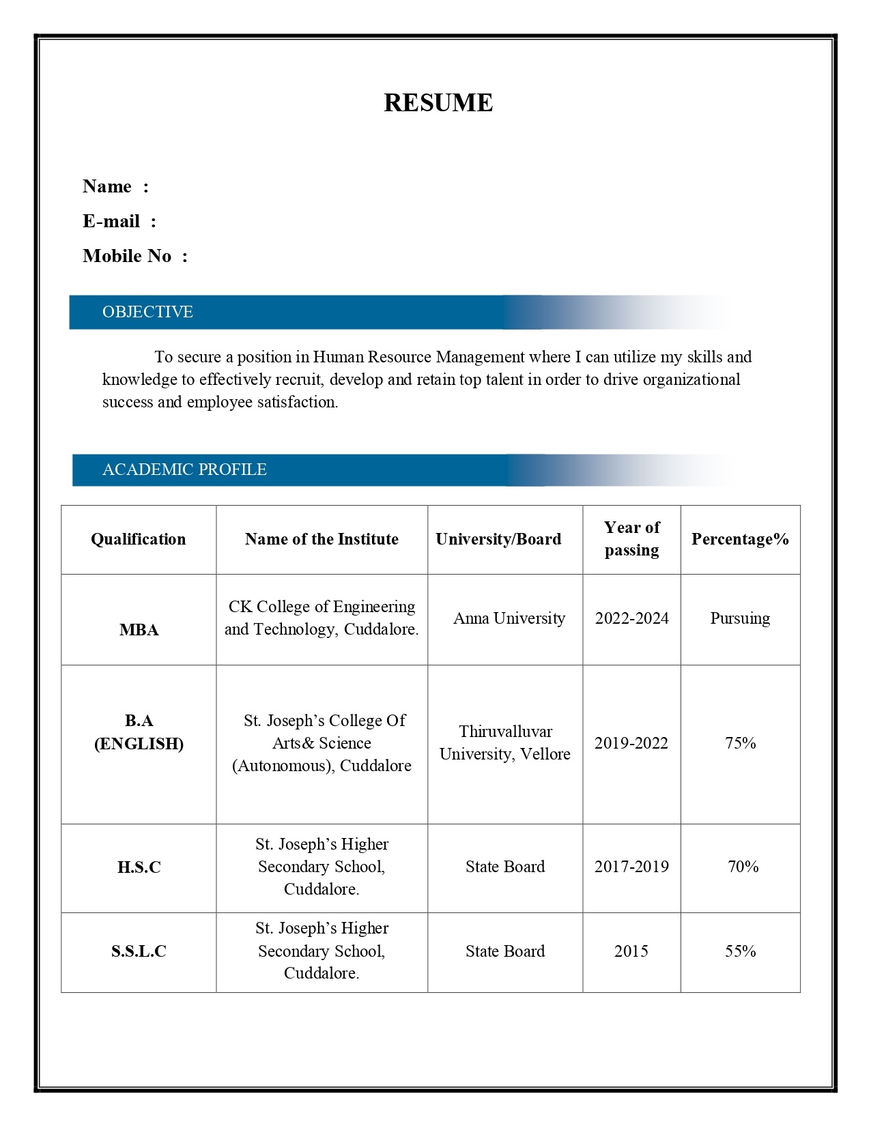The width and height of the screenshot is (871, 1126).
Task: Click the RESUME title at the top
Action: point(438,103)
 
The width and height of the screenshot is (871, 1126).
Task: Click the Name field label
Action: point(107,186)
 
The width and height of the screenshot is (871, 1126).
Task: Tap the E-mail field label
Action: point(111,221)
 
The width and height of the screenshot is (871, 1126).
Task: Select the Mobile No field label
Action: point(127,256)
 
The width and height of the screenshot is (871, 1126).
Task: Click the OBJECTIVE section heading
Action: point(147,312)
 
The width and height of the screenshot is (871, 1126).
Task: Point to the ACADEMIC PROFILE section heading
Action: point(184,470)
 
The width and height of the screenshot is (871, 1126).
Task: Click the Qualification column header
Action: point(139,539)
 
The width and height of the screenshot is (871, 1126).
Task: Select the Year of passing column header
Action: point(631,538)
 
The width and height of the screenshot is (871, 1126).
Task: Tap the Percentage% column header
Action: point(740,539)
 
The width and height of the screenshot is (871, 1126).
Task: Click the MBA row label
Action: point(139,630)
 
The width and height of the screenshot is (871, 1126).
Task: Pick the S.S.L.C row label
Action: point(139,951)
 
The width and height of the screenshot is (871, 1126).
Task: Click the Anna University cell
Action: point(509,618)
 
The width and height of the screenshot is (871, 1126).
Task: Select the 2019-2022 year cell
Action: point(631,743)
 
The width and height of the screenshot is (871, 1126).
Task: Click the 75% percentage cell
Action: point(741,743)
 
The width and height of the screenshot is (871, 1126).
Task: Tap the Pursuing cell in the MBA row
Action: point(740,618)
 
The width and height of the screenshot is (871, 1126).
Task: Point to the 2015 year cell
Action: point(631,951)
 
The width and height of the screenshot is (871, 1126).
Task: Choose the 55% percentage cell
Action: point(741,951)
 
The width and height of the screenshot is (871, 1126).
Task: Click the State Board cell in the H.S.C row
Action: point(505,867)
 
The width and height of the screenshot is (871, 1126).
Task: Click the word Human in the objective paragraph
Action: point(338,357)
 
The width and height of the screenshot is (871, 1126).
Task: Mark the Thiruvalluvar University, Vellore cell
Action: point(505,742)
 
